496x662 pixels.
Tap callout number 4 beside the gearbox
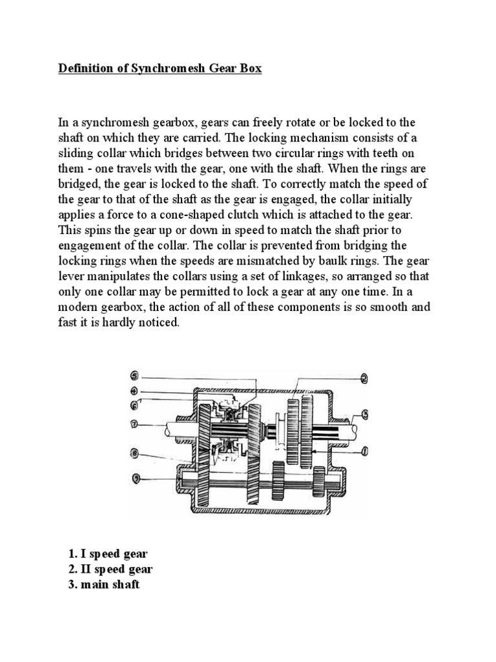pos(134,390)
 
